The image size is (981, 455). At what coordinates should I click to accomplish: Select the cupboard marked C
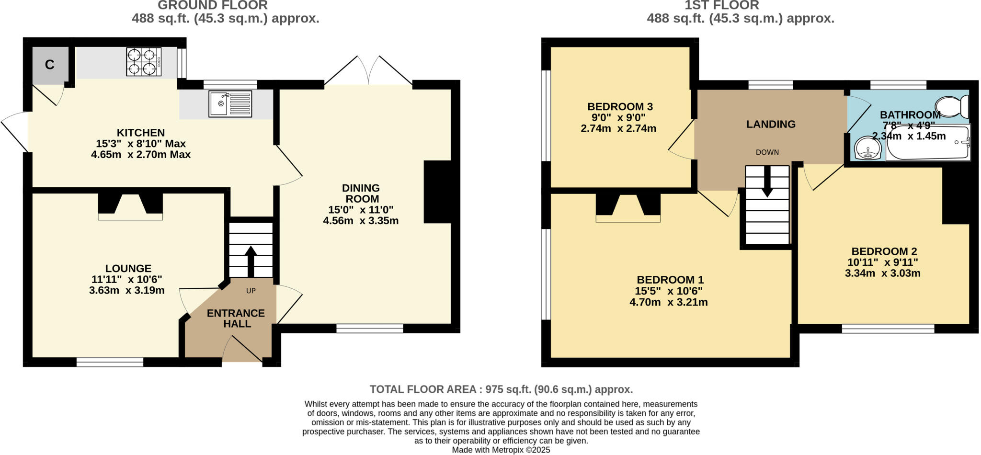click(50, 65)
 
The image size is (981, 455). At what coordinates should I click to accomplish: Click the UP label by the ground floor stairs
click(251, 291)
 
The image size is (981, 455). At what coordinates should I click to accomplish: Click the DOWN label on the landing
click(767, 152)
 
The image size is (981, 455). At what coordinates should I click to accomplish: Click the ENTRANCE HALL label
click(236, 318)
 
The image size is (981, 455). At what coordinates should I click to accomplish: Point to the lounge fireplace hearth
click(130, 216)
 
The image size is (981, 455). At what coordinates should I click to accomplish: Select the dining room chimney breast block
click(438, 192)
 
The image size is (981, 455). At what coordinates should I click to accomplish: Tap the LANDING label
click(771, 125)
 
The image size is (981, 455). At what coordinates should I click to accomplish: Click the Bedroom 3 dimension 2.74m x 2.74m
click(618, 128)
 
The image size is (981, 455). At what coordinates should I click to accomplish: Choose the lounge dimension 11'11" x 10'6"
click(127, 279)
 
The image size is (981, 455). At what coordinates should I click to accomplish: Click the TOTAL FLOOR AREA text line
click(501, 389)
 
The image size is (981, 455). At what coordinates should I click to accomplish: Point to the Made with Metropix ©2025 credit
click(501, 450)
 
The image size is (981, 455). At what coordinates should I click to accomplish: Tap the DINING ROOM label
click(361, 193)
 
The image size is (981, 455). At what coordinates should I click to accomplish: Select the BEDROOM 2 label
click(884, 251)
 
